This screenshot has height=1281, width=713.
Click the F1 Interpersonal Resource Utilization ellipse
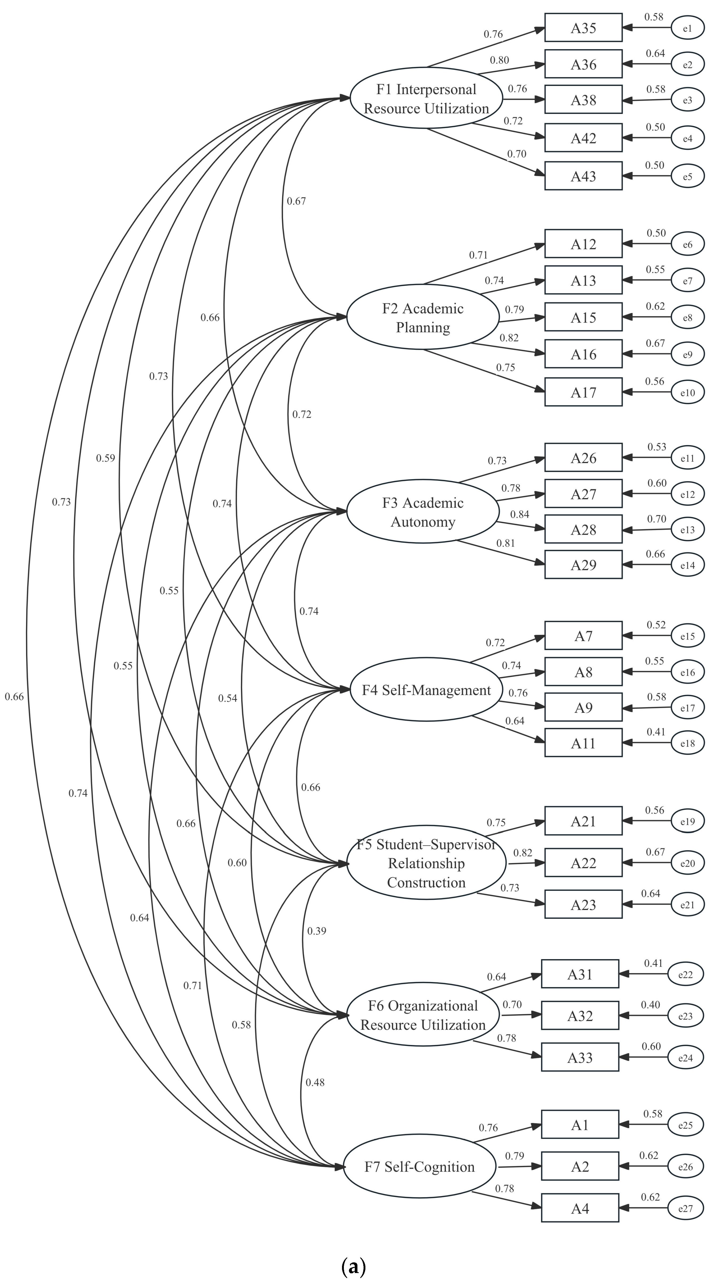click(426, 98)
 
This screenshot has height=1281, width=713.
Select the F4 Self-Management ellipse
click(426, 690)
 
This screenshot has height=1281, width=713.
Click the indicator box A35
click(583, 28)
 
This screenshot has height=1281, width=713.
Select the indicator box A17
click(583, 392)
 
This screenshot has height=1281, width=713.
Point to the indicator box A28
click(583, 530)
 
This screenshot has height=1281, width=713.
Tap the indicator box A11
click(583, 743)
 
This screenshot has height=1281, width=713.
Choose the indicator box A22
click(583, 863)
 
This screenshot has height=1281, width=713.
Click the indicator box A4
click(580, 1208)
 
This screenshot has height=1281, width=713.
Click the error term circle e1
click(688, 28)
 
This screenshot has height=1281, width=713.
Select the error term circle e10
click(688, 392)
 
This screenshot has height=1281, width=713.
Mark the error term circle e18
click(688, 743)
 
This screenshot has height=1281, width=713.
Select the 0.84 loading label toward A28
click(520, 514)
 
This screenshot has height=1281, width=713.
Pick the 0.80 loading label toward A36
click(499, 60)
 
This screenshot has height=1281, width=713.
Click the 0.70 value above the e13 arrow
click(656, 519)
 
